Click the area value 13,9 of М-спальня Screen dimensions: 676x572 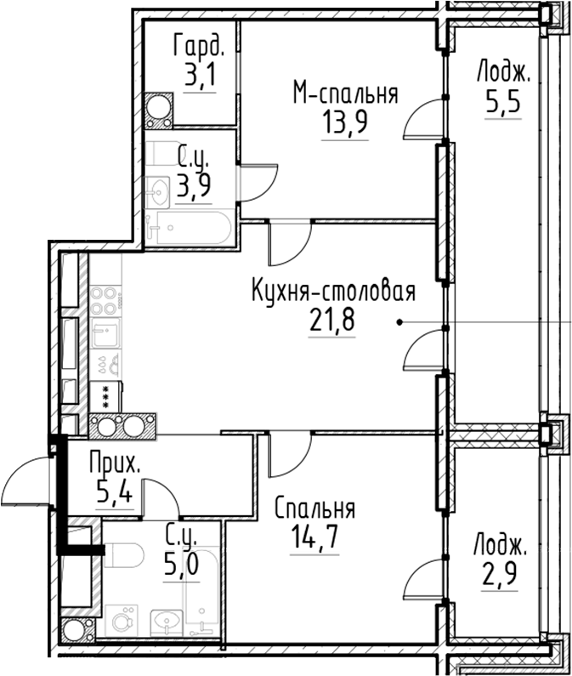point(344,125)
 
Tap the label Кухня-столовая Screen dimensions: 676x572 point(332,293)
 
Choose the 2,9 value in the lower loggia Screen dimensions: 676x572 point(500,568)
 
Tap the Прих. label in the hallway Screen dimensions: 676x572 point(115,464)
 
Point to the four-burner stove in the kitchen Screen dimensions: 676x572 point(105,299)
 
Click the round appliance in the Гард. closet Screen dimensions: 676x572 point(158,108)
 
